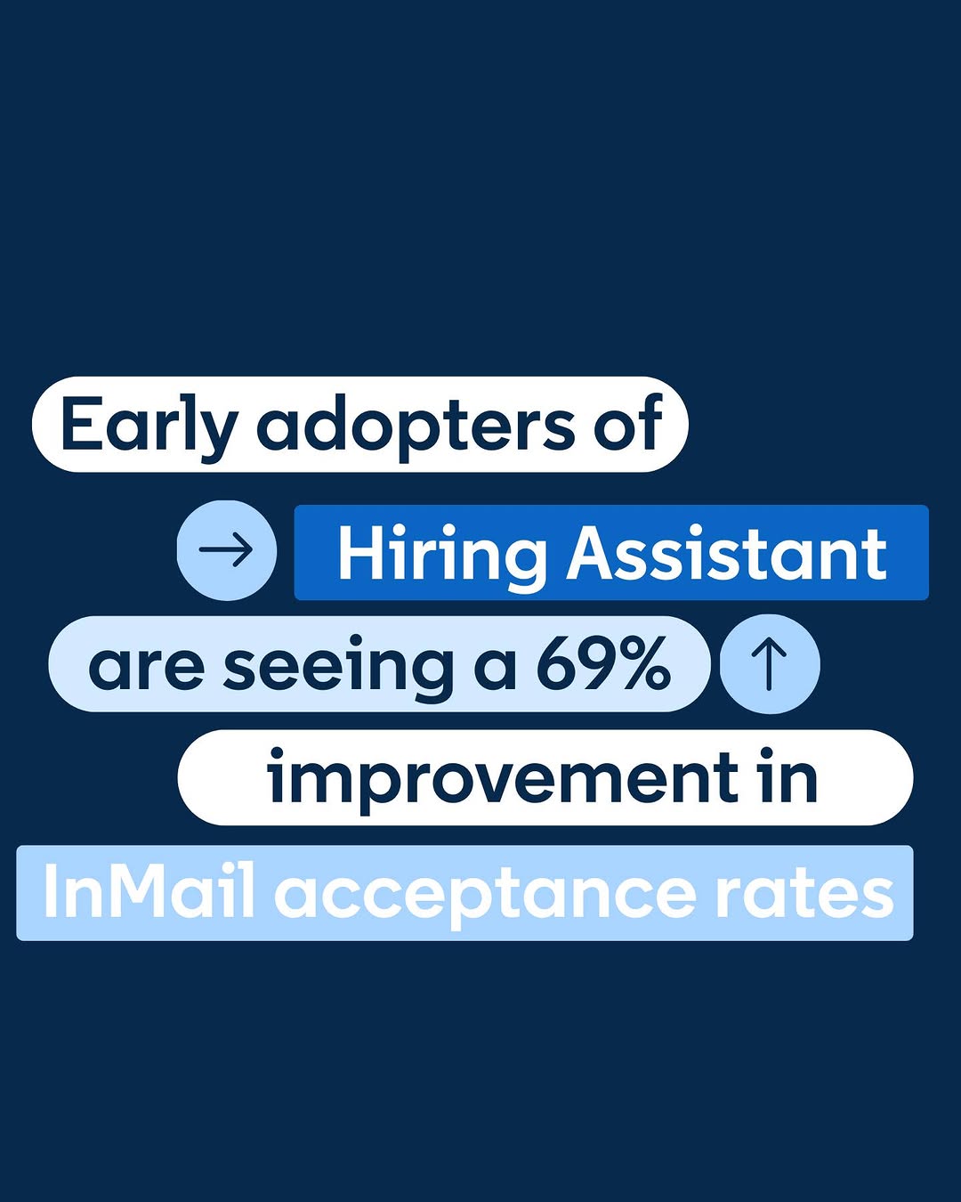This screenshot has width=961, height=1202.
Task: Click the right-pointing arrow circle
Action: point(227,550)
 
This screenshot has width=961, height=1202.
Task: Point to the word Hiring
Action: point(442,556)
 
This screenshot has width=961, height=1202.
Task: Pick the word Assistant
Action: point(726,554)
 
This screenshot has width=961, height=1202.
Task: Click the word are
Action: point(146,668)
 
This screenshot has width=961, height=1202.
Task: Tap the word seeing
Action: point(337,669)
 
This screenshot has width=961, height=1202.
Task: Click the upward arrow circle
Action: point(770,664)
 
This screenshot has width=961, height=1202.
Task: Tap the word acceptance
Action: point(485,897)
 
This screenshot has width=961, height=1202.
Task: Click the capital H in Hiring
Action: point(362,554)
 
